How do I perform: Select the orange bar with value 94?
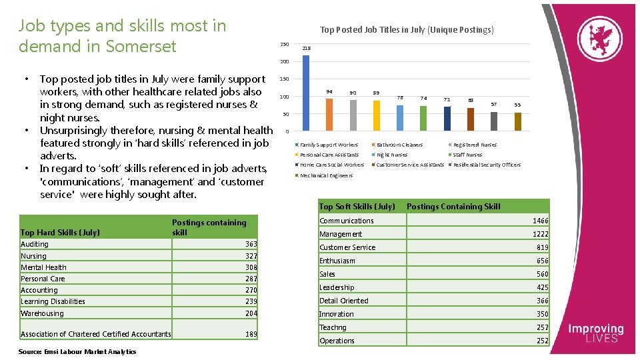point(329,114)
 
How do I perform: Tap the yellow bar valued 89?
point(377,115)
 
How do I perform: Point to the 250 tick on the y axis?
point(285,45)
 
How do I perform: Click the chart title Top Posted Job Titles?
point(407,29)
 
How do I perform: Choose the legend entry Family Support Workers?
point(329,145)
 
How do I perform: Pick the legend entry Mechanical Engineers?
point(326,175)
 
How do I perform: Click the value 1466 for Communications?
point(540,221)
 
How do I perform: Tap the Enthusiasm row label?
point(337,261)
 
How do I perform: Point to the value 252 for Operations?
point(542,341)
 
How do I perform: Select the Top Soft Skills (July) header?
point(357,207)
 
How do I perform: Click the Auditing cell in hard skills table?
point(35,244)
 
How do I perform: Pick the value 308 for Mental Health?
point(251,267)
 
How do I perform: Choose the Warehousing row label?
point(43,313)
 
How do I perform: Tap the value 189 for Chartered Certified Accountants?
point(251,334)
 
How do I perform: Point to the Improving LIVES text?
point(595,333)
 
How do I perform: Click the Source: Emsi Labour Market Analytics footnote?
point(78,351)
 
